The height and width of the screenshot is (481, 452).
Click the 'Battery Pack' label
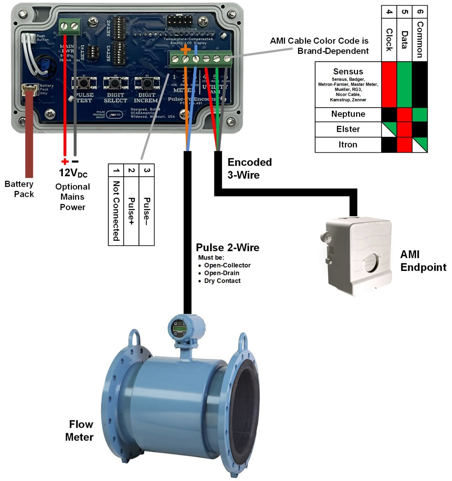[19, 189]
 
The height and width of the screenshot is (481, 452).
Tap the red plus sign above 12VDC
[65, 162]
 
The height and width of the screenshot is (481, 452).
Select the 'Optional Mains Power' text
[73, 197]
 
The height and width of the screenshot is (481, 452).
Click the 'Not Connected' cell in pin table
[116, 211]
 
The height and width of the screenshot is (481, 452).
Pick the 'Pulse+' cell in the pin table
[131, 211]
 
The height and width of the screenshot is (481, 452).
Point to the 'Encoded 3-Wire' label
[249, 168]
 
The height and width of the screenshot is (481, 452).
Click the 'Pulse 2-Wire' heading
[227, 247]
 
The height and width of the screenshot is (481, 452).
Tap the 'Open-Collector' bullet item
[227, 265]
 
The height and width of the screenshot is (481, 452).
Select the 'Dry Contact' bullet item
[222, 281]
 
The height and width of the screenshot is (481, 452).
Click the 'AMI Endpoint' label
[423, 261]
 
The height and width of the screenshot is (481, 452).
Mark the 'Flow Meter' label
[80, 431]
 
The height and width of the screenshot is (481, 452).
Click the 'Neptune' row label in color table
[348, 114]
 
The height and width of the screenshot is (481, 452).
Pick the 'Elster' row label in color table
[348, 129]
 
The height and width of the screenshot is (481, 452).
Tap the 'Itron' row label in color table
[348, 144]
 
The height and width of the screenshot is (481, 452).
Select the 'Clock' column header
[389, 39]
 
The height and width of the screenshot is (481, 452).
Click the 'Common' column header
[420, 39]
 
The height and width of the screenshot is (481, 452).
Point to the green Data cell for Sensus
[404, 84]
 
